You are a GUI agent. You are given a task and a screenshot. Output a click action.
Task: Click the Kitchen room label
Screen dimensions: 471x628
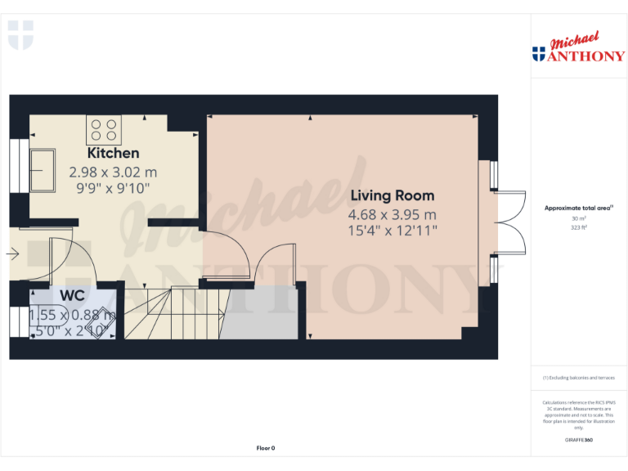[113, 153]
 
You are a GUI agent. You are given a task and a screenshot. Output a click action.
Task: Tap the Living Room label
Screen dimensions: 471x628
[392, 195]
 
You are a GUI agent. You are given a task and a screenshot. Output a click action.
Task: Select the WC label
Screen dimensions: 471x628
[72, 295]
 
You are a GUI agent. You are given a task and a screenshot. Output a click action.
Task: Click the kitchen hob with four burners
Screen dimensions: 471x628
[104, 131]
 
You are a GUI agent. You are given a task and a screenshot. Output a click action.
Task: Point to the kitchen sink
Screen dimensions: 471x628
[42, 168]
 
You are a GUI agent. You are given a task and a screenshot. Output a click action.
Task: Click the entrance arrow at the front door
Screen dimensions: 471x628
[14, 255]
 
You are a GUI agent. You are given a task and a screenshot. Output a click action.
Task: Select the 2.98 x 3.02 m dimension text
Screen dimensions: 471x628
[113, 173]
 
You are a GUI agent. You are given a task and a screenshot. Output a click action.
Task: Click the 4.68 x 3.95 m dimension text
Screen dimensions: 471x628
[392, 214]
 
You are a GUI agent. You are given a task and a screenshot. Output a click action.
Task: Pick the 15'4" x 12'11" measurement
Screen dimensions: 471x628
[392, 231]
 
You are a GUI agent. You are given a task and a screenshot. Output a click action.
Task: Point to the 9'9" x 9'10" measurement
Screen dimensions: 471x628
[113, 188]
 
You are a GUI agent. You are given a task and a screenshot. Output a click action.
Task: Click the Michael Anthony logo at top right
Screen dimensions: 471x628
[578, 49]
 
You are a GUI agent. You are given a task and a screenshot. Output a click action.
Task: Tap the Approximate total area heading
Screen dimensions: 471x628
[578, 209]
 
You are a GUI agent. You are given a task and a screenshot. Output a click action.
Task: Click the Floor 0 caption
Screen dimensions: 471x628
[266, 448]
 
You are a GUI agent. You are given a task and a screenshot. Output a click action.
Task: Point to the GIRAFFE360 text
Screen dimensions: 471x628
[578, 441]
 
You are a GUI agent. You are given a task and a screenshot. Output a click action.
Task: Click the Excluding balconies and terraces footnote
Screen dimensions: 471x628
[578, 378]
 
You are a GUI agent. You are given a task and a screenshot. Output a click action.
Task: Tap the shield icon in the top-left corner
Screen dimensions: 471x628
[20, 36]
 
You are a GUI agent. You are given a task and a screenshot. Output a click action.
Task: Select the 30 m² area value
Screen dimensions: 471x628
[578, 218]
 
